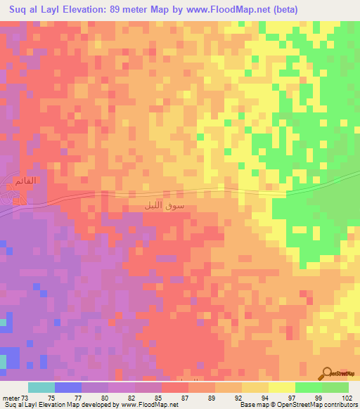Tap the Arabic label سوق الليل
tap(163, 206)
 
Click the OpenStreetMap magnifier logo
tap(328, 374)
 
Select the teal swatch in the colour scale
tap(41, 387)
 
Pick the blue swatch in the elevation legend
tap(68, 387)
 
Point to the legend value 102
tap(346, 398)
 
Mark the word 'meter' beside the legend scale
tap(12, 398)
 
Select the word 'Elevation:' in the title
tap(84, 9)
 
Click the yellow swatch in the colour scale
tap(282, 387)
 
